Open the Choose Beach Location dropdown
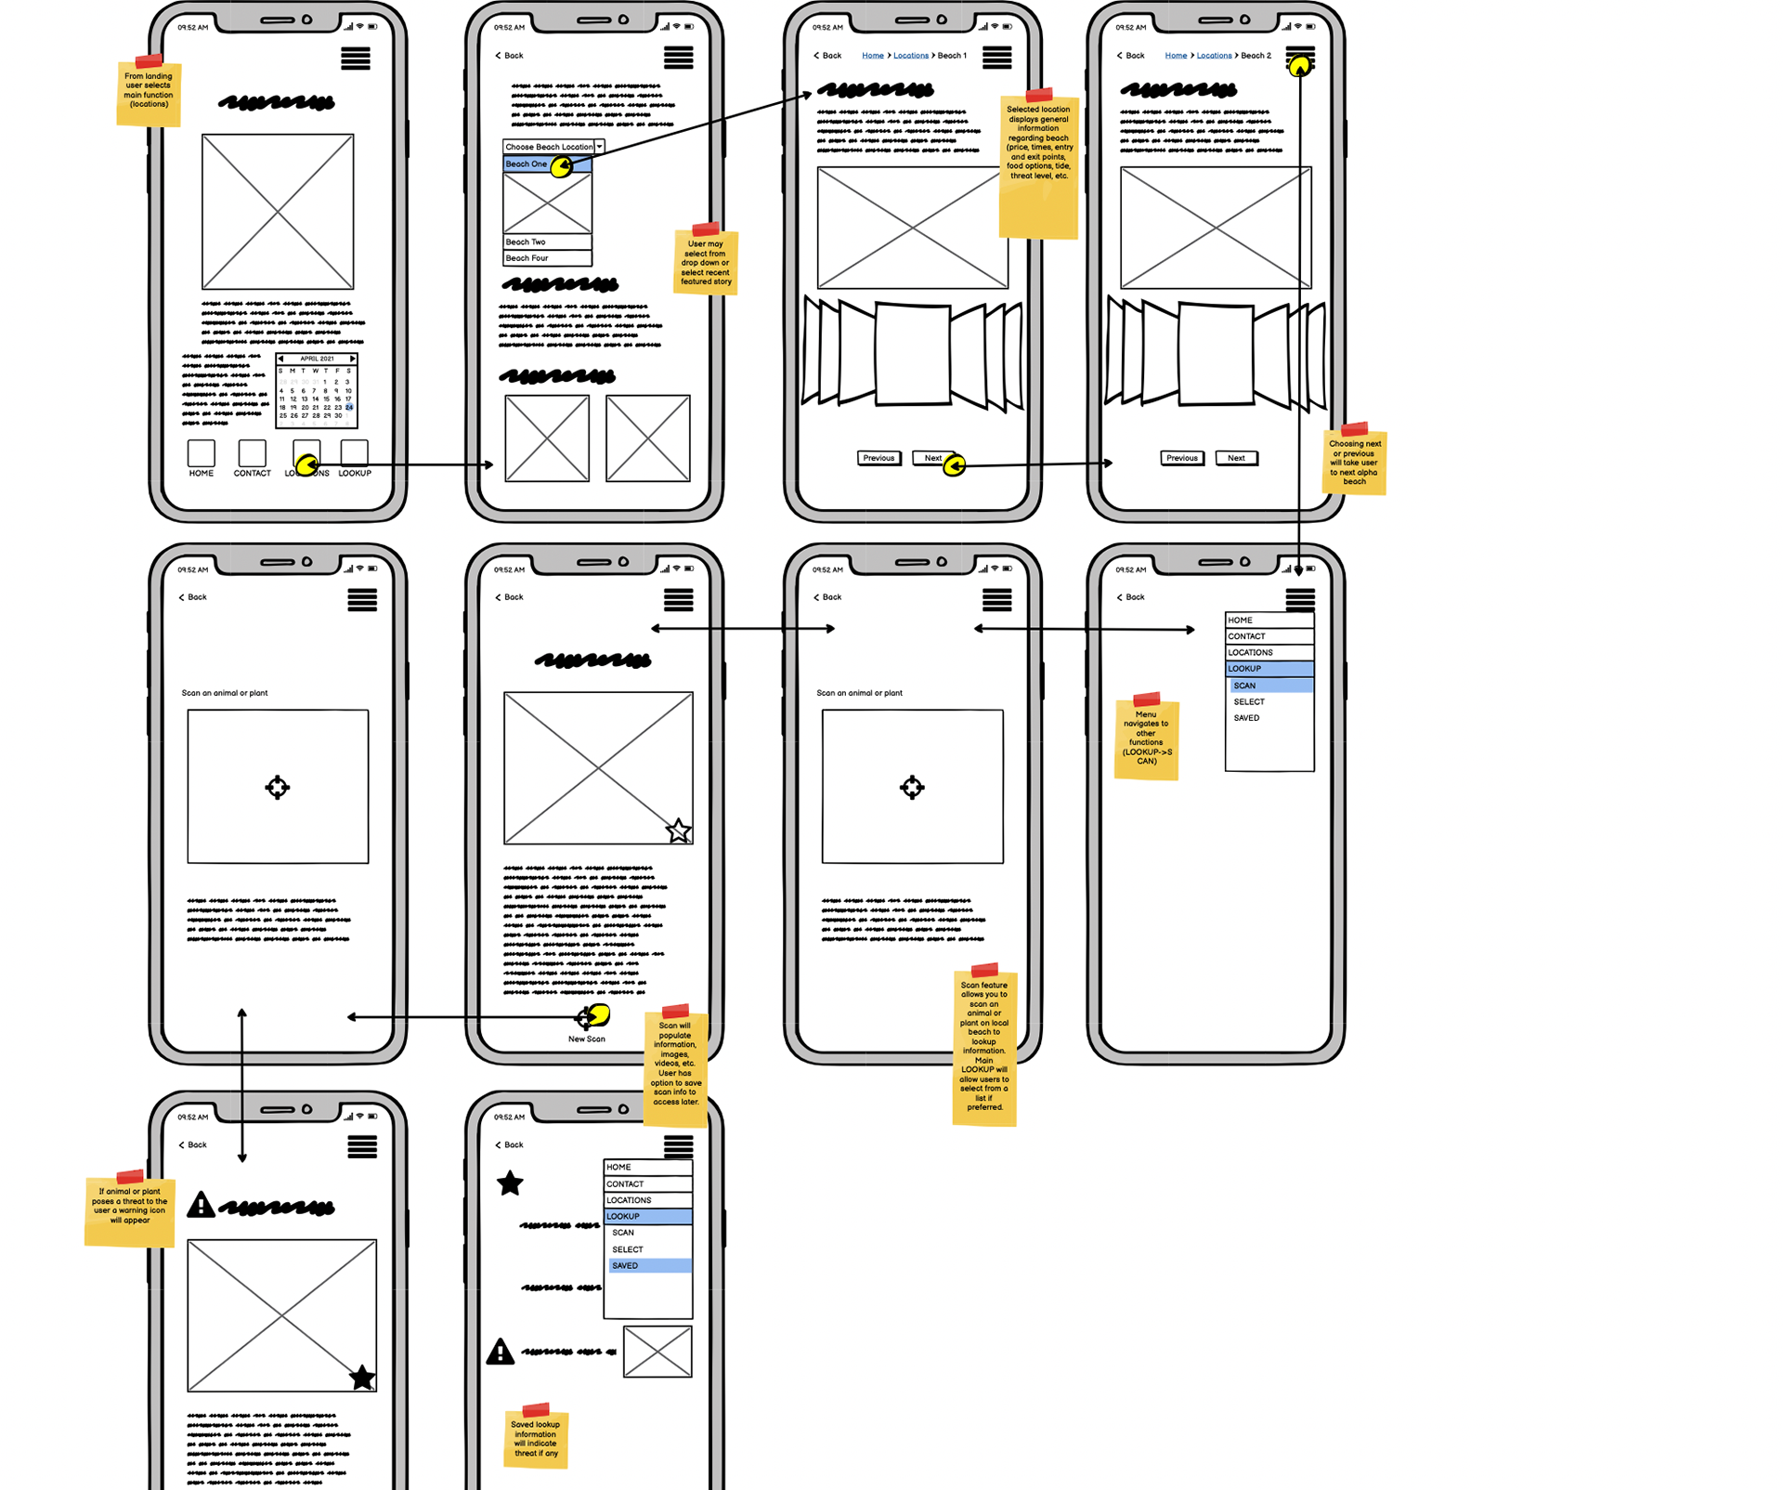point(553,147)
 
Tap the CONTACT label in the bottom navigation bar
point(252,474)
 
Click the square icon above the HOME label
point(202,453)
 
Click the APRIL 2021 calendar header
point(317,359)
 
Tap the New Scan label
point(587,1039)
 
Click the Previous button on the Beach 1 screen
point(878,458)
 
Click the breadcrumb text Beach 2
point(1256,56)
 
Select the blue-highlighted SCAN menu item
point(1270,686)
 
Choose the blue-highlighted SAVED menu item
point(649,1266)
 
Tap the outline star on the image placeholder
point(679,830)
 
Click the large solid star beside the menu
point(510,1183)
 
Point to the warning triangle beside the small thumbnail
point(501,1352)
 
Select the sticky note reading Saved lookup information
point(536,1438)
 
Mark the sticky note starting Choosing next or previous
point(1354,462)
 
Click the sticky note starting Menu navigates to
point(1146,738)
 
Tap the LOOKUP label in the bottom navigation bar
point(355,474)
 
